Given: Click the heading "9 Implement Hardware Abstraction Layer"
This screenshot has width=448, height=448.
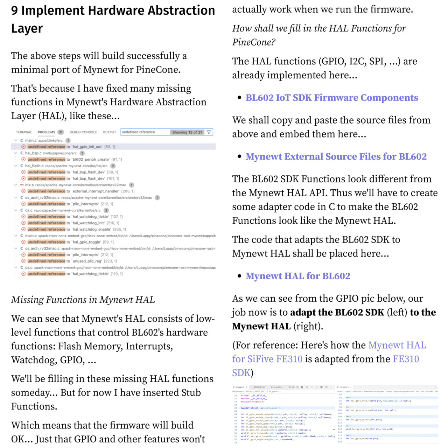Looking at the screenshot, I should [x=113, y=19].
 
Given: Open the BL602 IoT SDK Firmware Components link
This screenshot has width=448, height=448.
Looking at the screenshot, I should [x=331, y=98].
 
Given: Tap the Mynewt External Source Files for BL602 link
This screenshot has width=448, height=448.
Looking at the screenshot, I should [x=336, y=156].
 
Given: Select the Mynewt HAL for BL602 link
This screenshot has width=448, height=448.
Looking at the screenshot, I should [x=297, y=276].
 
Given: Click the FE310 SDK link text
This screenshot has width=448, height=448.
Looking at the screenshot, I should [x=406, y=359].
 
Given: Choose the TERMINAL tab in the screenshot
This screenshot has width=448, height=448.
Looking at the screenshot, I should [x=24, y=132].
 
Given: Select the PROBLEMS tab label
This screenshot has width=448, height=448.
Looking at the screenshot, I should [x=46, y=132].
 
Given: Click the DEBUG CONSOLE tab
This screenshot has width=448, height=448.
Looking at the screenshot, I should [x=83, y=132].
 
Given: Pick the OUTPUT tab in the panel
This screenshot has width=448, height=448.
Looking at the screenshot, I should [x=109, y=132].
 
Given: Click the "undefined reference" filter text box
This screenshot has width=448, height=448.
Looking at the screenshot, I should [x=144, y=132].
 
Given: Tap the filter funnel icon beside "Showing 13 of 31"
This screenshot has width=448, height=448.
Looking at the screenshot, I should [x=209, y=132].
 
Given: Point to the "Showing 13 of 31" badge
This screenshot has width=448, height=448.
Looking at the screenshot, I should [x=187, y=132].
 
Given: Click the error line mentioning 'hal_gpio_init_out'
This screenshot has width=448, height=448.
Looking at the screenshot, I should [x=71, y=147].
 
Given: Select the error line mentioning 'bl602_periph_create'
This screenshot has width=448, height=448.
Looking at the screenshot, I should [x=75, y=159].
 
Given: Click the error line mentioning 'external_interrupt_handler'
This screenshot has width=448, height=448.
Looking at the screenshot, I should [x=81, y=191].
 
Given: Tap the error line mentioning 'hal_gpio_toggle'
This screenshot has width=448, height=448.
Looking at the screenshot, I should [x=71, y=242].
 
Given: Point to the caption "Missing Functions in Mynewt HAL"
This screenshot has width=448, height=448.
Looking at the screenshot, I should [x=83, y=300].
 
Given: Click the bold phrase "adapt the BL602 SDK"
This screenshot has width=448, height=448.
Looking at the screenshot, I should [x=337, y=312].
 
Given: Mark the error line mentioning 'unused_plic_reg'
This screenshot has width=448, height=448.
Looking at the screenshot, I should [x=72, y=261].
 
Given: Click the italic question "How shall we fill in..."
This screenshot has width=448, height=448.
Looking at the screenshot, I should [x=319, y=35].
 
